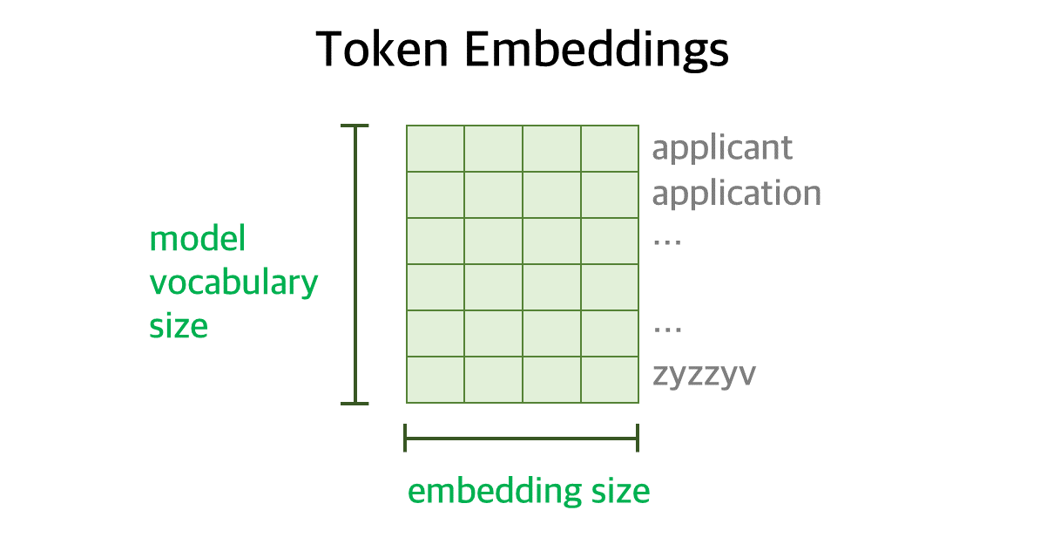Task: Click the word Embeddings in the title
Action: (x=597, y=51)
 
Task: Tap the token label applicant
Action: (x=722, y=148)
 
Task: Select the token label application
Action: (x=736, y=194)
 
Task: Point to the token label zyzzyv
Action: (x=704, y=376)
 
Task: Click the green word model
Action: (x=198, y=238)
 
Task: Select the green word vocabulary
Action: (x=233, y=283)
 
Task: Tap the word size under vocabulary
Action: (x=179, y=327)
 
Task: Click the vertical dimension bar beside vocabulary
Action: (x=355, y=264)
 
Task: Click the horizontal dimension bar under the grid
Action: (x=522, y=438)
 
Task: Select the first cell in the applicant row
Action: (x=436, y=149)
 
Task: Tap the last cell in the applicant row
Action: (x=610, y=149)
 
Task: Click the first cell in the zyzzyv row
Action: (x=436, y=380)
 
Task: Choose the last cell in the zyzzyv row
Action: (x=610, y=380)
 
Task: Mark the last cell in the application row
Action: (x=610, y=195)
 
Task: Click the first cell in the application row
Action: (x=436, y=195)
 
